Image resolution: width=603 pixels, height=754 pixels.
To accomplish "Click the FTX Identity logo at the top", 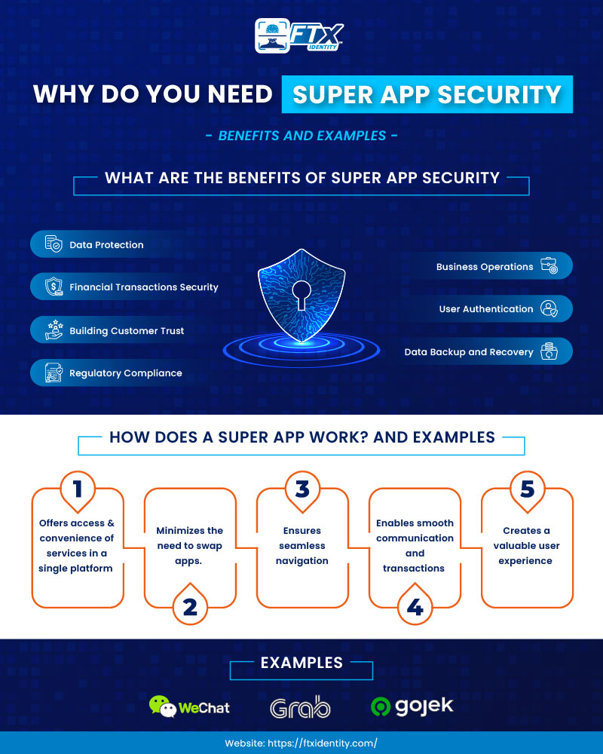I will (x=301, y=35).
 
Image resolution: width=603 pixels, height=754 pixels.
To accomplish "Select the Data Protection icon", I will (x=53, y=244).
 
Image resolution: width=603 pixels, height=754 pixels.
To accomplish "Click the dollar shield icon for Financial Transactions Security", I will (x=53, y=287).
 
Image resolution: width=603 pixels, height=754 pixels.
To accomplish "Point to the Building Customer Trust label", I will (x=127, y=330).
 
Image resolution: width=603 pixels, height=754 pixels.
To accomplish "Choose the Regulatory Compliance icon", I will (x=53, y=372).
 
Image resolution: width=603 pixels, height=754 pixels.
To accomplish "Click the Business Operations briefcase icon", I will (x=549, y=266).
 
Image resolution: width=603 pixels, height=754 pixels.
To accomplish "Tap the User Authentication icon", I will (x=549, y=308).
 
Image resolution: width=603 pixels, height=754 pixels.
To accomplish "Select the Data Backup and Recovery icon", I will (x=549, y=351).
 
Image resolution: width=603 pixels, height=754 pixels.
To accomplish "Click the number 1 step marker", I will (x=77, y=489).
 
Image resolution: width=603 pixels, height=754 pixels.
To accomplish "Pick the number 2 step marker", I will (x=190, y=605).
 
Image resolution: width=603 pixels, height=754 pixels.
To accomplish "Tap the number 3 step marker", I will (x=302, y=489).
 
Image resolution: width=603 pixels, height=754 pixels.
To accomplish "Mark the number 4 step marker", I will (x=415, y=605).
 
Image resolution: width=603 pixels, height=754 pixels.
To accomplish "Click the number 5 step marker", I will (x=527, y=489).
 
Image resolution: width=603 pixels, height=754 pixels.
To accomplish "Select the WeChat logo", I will (x=189, y=706).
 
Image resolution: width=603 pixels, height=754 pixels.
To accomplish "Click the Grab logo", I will (x=300, y=706).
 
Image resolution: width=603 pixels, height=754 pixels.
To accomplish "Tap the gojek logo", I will (x=412, y=706).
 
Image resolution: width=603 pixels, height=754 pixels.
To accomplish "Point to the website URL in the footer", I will (x=301, y=743).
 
